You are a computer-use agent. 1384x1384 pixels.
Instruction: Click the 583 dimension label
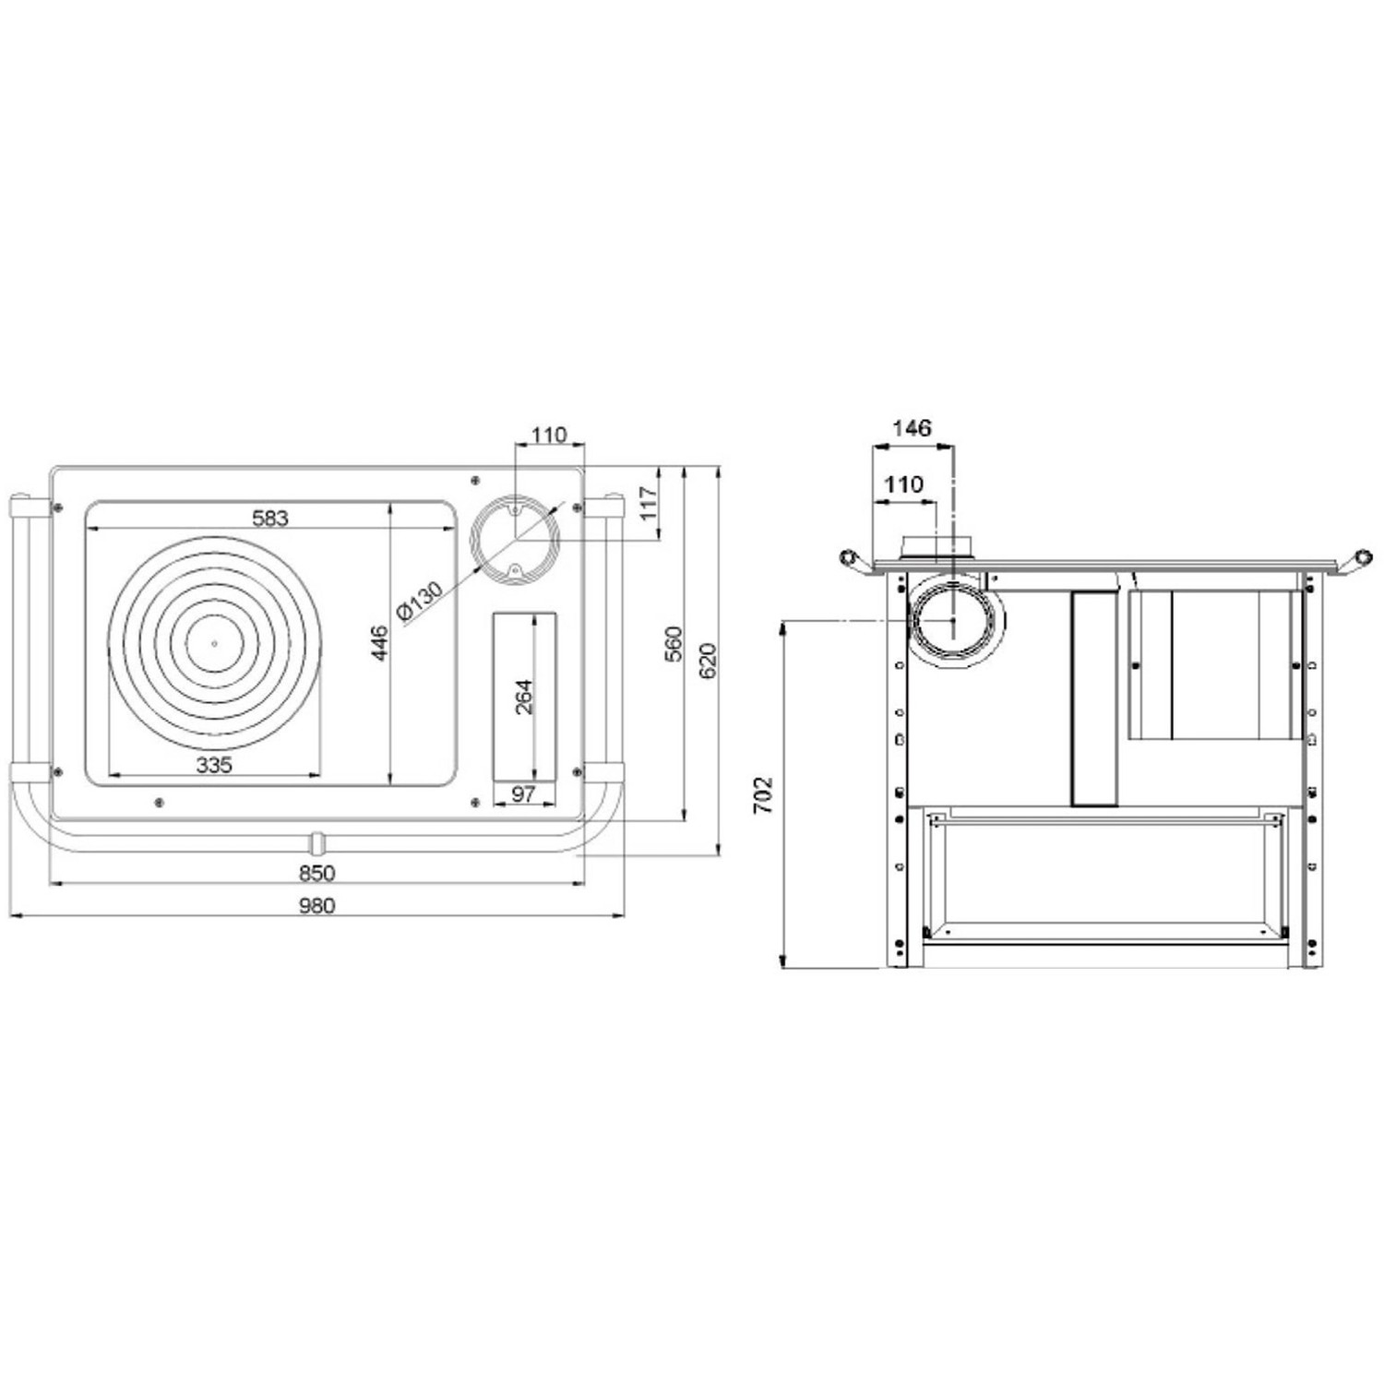point(270,518)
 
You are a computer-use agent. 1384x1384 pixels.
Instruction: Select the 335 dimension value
point(214,765)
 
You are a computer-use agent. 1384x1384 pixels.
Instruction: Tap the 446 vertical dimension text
point(379,642)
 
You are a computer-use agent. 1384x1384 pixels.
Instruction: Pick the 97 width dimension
point(523,793)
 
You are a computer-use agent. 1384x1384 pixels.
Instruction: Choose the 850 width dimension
point(316,873)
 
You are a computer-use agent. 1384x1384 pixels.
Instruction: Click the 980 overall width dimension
point(316,905)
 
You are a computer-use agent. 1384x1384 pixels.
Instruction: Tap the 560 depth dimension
point(674,643)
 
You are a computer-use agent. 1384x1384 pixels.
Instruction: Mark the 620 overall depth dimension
point(708,661)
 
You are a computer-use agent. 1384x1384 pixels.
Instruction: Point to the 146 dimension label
point(912,428)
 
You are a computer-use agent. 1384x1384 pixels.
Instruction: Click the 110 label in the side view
point(902,484)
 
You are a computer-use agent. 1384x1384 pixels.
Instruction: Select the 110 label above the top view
point(549,435)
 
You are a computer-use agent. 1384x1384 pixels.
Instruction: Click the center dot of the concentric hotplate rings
point(214,643)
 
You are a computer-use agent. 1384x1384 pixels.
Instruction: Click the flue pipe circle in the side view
point(952,620)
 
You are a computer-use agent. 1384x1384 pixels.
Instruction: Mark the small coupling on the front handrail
point(316,841)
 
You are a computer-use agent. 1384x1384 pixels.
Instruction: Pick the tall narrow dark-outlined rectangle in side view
point(1094,698)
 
